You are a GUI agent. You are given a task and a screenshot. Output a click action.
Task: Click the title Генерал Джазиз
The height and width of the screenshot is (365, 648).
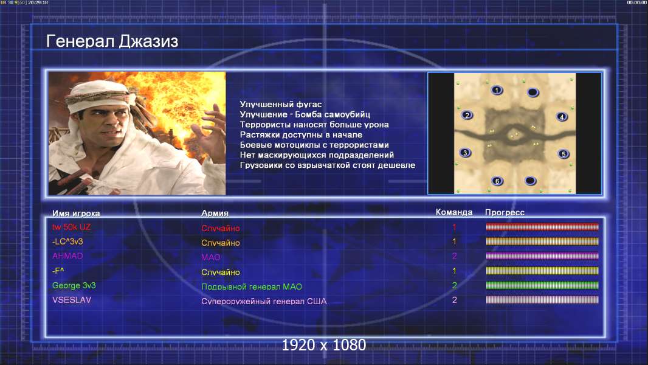click(112, 41)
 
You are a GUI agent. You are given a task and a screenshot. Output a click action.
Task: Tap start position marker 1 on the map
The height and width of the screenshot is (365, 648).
click(497, 90)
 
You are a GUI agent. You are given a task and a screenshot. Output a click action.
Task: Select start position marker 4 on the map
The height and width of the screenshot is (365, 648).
click(562, 117)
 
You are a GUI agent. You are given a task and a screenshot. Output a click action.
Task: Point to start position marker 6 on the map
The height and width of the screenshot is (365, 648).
click(497, 181)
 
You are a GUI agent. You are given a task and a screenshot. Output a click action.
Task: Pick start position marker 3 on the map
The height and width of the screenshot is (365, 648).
click(466, 153)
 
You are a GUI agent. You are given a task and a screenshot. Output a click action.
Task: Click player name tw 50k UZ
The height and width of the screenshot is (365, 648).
click(71, 227)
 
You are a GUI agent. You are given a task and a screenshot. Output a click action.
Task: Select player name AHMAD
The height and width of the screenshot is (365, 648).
click(67, 256)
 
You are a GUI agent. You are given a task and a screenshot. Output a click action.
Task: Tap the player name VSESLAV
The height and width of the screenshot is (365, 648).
click(72, 300)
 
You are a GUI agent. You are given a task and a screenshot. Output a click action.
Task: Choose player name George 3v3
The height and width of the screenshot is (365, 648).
click(74, 285)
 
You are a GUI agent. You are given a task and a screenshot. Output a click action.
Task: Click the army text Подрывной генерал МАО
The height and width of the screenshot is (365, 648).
click(251, 287)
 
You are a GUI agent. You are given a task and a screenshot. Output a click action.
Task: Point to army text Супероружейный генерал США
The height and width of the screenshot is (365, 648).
click(264, 301)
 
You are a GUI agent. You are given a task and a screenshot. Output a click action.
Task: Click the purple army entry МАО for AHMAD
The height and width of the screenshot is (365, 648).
click(211, 257)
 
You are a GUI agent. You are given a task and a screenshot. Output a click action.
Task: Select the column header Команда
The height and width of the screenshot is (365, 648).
click(453, 212)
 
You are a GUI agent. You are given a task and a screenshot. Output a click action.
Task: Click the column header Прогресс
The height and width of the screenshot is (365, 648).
click(505, 212)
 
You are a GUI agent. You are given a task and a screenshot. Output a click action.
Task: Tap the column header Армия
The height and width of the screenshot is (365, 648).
click(215, 213)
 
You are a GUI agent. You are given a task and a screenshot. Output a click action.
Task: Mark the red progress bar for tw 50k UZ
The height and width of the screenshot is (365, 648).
click(542, 226)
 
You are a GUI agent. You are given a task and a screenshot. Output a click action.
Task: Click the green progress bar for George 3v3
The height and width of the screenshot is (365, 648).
click(542, 285)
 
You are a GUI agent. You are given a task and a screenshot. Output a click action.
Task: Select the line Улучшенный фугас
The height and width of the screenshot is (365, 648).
click(281, 104)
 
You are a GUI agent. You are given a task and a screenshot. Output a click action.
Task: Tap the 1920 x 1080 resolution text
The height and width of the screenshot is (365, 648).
click(323, 345)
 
